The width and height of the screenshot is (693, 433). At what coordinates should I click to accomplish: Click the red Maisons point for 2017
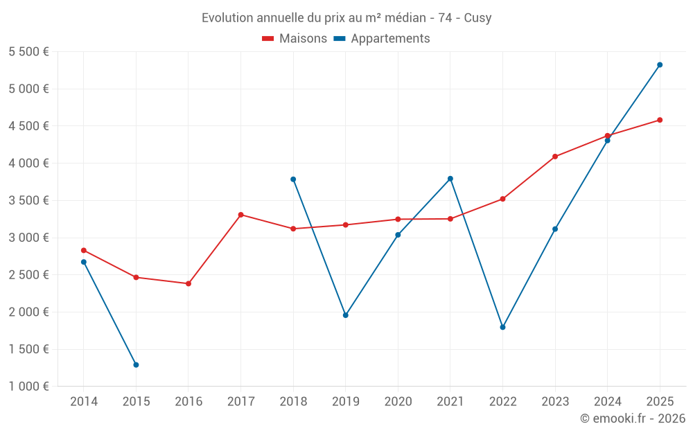coord(240,215)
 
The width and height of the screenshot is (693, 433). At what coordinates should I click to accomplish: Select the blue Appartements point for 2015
coord(136,364)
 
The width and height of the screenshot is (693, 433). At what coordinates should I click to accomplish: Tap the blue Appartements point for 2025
coord(660,65)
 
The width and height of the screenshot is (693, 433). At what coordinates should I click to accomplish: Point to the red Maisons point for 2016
coord(188,283)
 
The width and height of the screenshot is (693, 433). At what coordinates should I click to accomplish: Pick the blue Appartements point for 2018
coord(293,179)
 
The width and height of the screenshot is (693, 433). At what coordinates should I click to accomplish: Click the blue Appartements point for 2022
coord(502,327)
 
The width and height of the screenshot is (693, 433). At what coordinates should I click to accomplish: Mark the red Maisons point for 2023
coord(555,157)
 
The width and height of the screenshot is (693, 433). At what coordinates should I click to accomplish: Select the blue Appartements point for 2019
coord(346,315)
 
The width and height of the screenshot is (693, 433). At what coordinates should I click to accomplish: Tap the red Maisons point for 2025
coord(660,120)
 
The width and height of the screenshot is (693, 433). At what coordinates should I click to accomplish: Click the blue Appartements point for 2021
coord(450,179)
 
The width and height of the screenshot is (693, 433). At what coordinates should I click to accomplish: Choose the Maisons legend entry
coord(295,39)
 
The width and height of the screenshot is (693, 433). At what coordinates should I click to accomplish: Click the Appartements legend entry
coord(382,39)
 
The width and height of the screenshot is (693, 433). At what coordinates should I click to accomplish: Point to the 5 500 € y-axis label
coord(28,52)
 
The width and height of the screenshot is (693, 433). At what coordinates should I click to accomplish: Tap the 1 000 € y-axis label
coord(28,387)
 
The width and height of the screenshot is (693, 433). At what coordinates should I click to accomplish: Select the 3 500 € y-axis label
coord(28,201)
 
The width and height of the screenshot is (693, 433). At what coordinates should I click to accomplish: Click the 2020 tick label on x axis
coord(398,402)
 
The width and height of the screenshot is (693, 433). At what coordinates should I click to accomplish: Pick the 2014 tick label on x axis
coord(84,402)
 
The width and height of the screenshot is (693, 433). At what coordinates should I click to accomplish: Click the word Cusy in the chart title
coord(477,18)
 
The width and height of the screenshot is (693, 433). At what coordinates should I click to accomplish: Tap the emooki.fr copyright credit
coord(633,418)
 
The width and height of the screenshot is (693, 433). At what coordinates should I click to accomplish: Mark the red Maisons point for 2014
coord(84,250)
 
